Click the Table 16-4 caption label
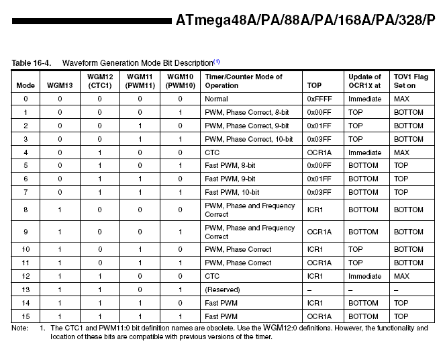click(x=32, y=62)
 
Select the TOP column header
click(x=314, y=85)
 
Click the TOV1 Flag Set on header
click(x=410, y=81)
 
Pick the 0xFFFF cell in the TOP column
click(x=319, y=99)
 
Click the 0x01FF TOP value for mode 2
click(x=319, y=126)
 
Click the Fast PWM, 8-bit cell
click(x=230, y=165)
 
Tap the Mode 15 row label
click(x=25, y=316)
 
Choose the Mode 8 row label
click(x=25, y=210)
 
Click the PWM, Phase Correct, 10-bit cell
click(x=248, y=139)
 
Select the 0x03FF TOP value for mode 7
click(x=319, y=192)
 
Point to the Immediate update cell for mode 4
click(x=364, y=152)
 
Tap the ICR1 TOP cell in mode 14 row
click(x=315, y=303)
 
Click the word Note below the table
click(x=20, y=328)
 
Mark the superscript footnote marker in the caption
click(x=217, y=61)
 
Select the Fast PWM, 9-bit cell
click(x=230, y=179)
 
